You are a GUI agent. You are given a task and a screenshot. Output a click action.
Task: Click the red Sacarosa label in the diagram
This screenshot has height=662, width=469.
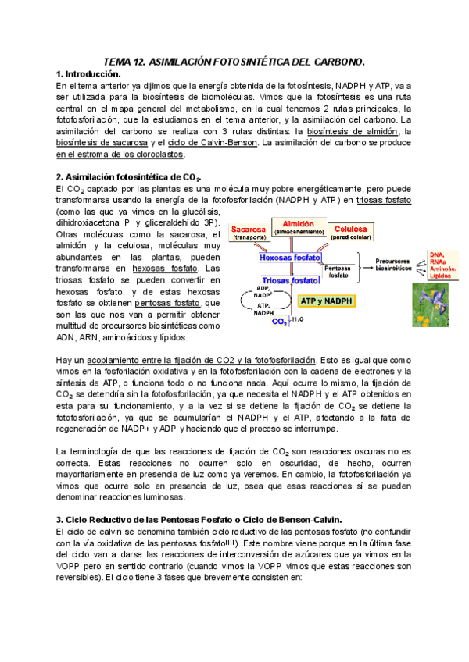(x=251, y=231)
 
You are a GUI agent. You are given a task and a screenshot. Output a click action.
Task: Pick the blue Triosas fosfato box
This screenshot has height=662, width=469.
(x=290, y=279)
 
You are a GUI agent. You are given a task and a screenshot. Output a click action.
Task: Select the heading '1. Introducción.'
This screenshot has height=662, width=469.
(x=91, y=73)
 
